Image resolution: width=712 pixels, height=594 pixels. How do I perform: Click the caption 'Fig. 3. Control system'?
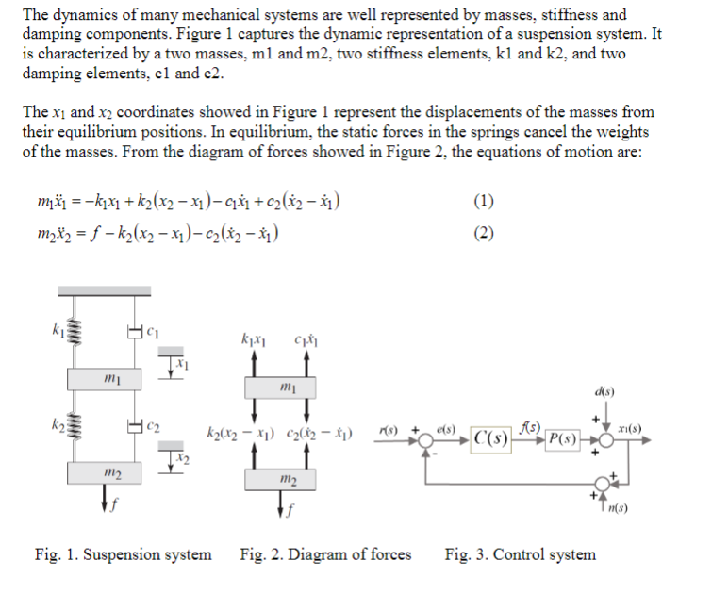[x=520, y=554]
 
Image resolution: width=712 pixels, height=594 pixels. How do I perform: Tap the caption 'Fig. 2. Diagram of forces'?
[x=325, y=554]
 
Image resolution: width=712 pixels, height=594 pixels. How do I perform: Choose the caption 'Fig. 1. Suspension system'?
[x=123, y=554]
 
